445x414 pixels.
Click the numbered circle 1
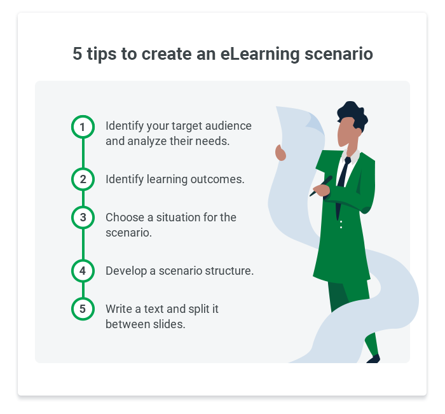[83, 127]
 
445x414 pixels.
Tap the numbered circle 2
[83, 179]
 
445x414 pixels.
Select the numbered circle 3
[83, 217]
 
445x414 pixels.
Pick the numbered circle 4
[83, 271]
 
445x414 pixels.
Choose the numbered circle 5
[83, 309]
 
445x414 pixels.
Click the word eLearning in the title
[259, 54]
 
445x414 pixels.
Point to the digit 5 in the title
[78, 53]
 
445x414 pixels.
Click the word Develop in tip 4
[127, 272]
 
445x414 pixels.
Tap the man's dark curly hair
[353, 113]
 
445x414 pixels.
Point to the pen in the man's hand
[321, 186]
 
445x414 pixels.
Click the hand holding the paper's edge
[280, 153]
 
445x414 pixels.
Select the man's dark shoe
[373, 359]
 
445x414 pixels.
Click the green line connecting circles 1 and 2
[83, 153]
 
